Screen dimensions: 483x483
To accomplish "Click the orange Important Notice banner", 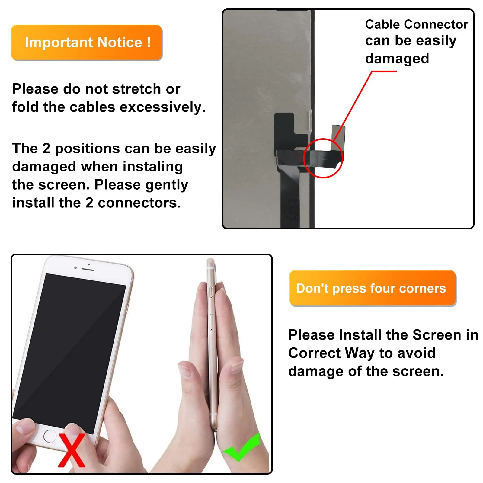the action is (x=87, y=43).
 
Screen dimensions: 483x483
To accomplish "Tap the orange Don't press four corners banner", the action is (x=373, y=288).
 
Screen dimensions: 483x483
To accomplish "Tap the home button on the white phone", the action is (x=50, y=436).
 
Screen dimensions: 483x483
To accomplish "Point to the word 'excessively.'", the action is (x=163, y=107).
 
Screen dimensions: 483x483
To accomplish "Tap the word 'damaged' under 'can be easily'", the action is (x=397, y=59).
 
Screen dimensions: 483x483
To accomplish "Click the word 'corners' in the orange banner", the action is (x=422, y=289).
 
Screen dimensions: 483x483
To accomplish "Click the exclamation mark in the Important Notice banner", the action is (x=149, y=42).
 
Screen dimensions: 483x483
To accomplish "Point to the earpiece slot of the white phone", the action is (x=88, y=269).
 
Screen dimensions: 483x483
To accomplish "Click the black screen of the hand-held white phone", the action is (x=69, y=350).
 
